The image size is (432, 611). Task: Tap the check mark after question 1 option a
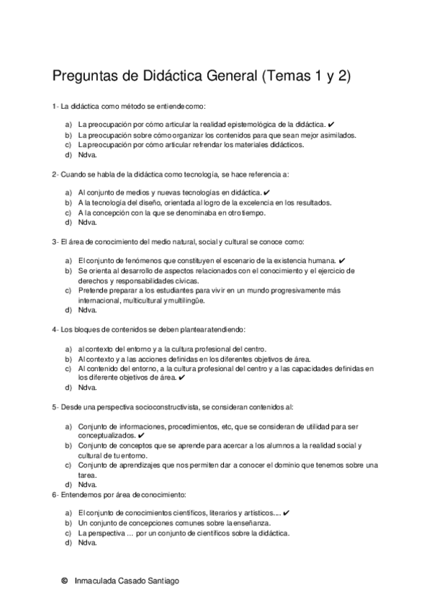tap(330, 125)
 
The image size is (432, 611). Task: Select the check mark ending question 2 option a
tap(266, 193)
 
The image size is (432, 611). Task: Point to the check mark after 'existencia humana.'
tap(342, 260)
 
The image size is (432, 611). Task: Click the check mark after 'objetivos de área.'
tap(182, 377)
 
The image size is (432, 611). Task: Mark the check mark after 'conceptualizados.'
tap(140, 436)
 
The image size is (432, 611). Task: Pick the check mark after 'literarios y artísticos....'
tap(287, 512)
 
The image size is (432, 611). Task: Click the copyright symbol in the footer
tap(65, 580)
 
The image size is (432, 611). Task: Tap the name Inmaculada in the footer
tap(98, 580)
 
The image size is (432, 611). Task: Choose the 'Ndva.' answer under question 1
tap(87, 155)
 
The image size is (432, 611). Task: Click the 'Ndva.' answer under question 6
tap(87, 543)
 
